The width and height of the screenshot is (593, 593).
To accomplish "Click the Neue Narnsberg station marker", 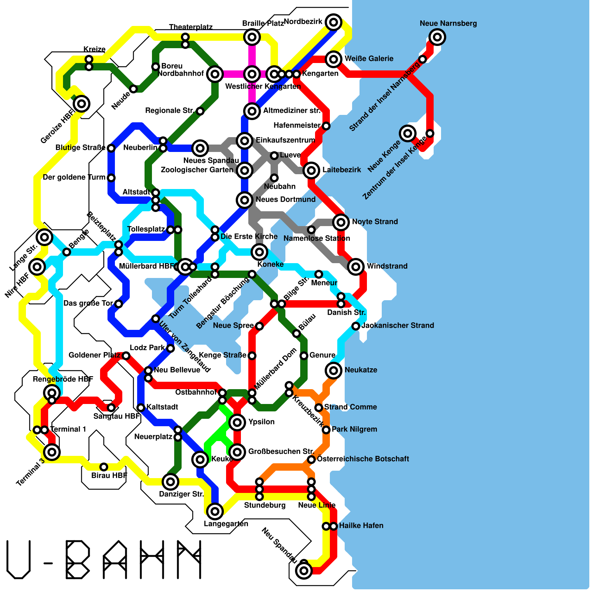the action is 437,37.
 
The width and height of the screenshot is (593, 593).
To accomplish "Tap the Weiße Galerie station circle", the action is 334,59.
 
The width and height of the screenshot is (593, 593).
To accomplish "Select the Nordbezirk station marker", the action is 334,22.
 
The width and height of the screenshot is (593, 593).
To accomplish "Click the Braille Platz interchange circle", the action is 252,37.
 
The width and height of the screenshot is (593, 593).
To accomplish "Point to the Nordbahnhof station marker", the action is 215,74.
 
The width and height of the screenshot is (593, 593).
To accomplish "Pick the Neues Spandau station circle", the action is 200,148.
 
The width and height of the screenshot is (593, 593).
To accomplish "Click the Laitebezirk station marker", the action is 311,170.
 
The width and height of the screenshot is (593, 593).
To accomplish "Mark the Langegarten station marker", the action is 215,511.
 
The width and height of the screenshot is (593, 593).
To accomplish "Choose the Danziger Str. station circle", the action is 170,482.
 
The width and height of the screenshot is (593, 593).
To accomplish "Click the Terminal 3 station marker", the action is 52,452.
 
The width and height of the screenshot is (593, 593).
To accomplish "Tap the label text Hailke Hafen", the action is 361,526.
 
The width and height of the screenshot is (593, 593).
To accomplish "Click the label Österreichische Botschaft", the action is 363,459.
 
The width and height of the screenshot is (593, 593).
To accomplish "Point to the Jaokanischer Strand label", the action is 398,325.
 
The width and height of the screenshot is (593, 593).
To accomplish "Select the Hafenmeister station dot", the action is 326,126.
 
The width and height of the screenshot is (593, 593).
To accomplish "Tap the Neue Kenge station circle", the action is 408,133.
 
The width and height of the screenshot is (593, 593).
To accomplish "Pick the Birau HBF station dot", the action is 104,467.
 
